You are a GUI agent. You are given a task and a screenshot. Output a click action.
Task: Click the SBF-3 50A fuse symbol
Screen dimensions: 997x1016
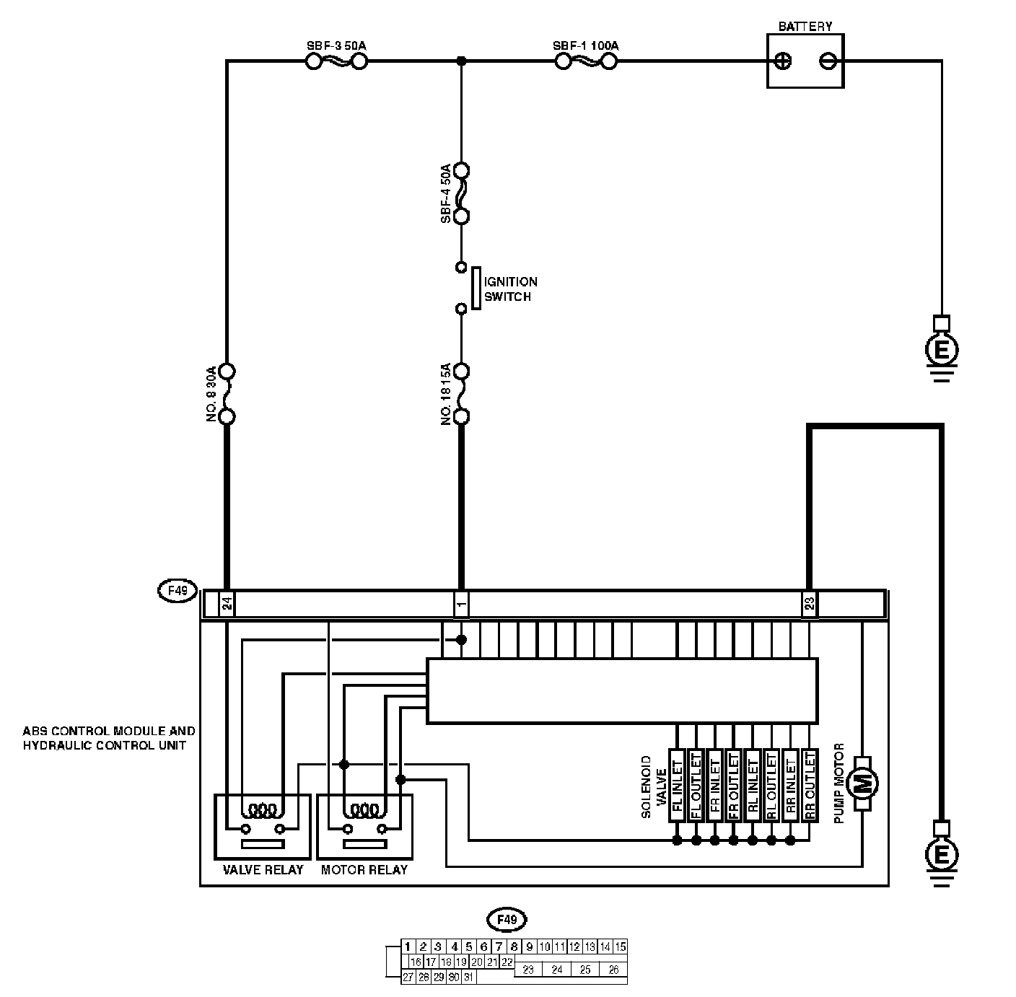click(x=336, y=62)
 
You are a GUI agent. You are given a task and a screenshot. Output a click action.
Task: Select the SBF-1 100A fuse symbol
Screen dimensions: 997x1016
click(x=586, y=62)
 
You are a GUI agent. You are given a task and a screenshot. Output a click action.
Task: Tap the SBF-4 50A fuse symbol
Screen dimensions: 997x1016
click(x=462, y=193)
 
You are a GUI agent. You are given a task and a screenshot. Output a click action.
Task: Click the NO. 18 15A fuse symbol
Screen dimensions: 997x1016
click(x=462, y=394)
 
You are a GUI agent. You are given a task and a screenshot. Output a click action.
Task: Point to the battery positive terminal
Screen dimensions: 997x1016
click(x=782, y=61)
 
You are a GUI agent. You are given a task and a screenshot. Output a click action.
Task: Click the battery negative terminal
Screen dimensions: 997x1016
click(x=828, y=61)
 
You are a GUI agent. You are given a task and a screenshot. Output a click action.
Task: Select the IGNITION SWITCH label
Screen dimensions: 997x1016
click(x=510, y=289)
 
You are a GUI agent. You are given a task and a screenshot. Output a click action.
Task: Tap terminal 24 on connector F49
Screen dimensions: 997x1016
click(x=227, y=604)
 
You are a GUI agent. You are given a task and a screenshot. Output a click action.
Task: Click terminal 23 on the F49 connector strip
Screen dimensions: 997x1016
click(x=810, y=604)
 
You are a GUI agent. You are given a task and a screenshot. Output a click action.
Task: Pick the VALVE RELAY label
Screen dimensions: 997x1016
click(x=263, y=870)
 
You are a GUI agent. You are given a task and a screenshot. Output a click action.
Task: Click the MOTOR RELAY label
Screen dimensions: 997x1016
click(x=364, y=870)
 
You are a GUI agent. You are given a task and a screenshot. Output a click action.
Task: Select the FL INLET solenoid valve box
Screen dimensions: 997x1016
click(x=677, y=785)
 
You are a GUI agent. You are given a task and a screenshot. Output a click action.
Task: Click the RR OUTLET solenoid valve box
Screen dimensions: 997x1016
click(x=810, y=785)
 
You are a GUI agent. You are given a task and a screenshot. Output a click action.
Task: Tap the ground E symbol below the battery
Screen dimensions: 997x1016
click(x=941, y=351)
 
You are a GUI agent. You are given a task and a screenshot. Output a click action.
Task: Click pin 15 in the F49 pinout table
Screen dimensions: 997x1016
click(x=620, y=947)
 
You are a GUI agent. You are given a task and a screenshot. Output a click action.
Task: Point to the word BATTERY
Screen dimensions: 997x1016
click(x=805, y=27)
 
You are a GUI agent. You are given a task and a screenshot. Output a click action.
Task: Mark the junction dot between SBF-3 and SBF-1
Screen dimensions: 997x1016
click(x=462, y=62)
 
